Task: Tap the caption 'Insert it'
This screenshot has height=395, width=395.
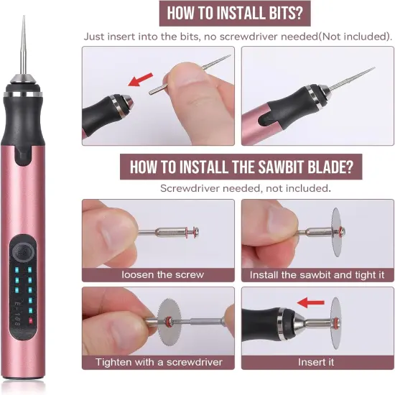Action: (316, 361)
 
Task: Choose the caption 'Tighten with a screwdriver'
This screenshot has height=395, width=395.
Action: (158, 361)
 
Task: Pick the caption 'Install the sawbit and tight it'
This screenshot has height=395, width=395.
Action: (316, 274)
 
